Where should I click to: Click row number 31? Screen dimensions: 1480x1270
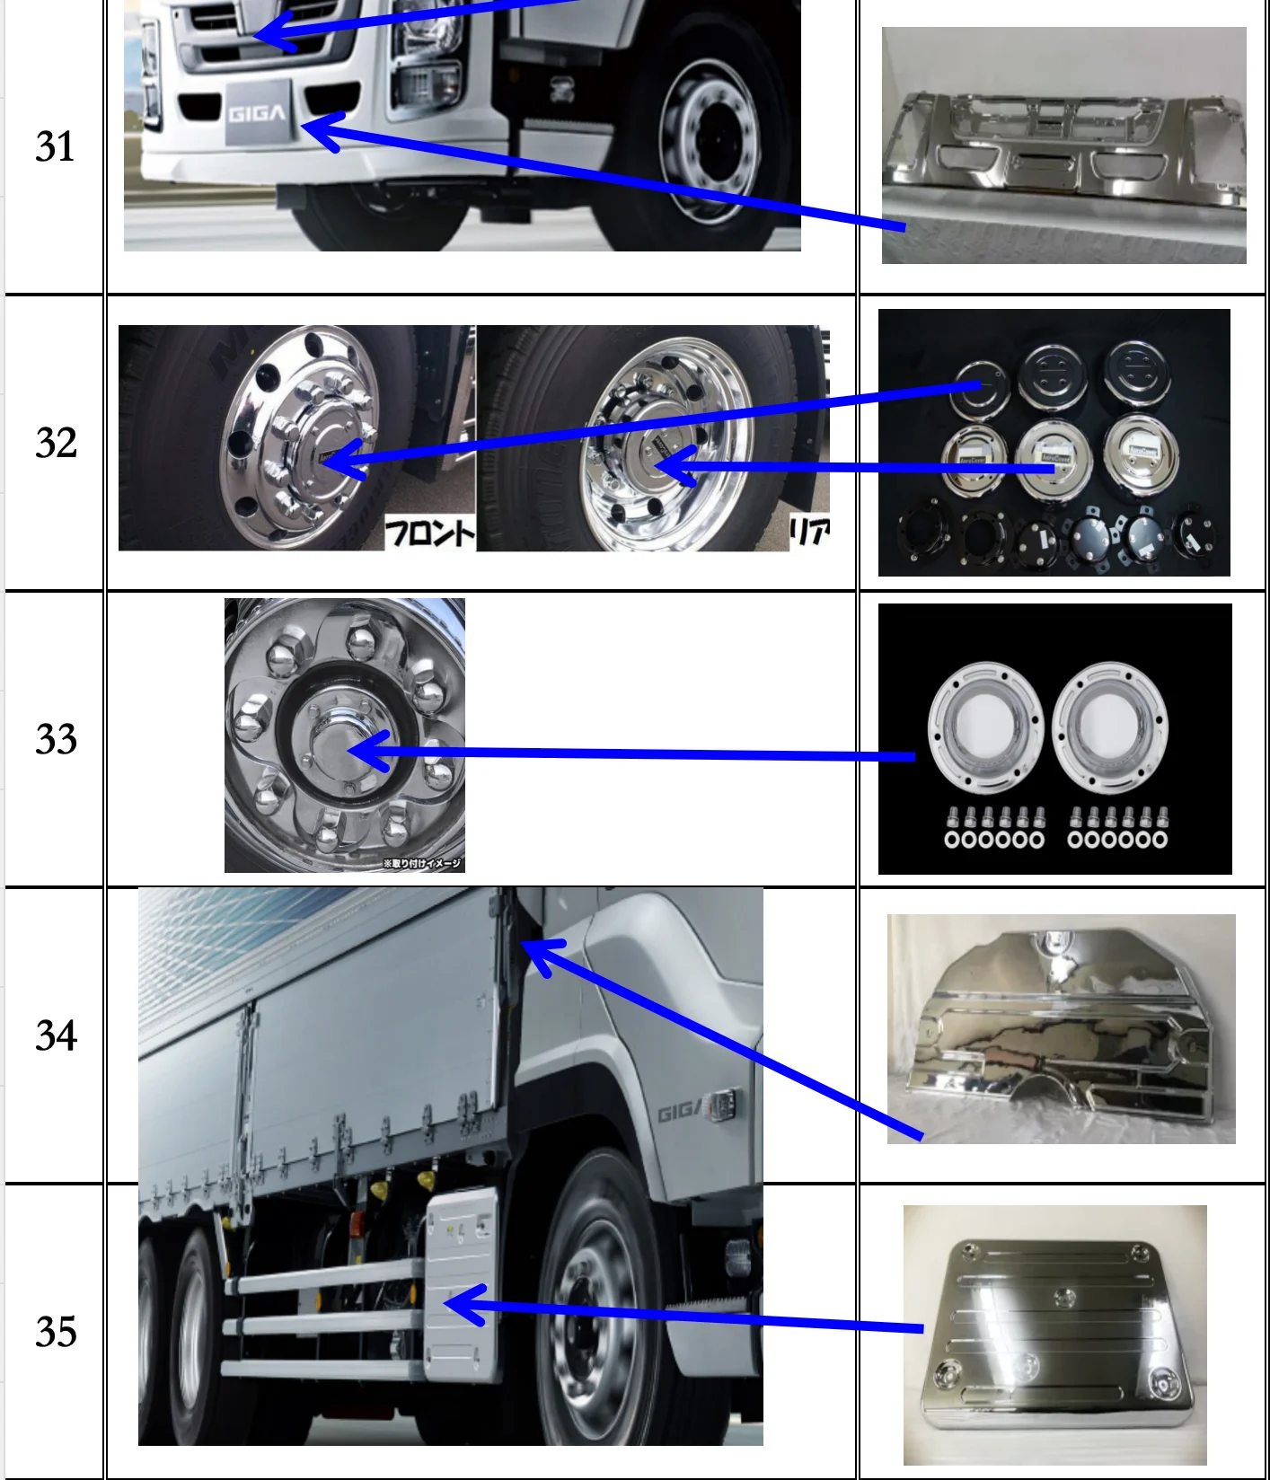(x=55, y=146)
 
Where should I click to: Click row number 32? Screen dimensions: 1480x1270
(x=56, y=443)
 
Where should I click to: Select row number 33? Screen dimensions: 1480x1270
(x=56, y=739)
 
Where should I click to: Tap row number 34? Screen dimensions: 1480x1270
(x=56, y=1035)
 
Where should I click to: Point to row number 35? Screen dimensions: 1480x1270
(x=56, y=1332)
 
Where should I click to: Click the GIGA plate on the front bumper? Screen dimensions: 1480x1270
(x=257, y=113)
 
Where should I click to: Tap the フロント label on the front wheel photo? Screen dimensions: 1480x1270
(x=429, y=533)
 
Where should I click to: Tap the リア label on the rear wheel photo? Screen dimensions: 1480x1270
(x=808, y=533)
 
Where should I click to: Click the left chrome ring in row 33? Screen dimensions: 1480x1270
(x=984, y=727)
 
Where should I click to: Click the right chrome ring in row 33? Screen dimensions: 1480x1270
(x=1109, y=727)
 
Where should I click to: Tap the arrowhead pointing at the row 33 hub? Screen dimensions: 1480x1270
(x=368, y=751)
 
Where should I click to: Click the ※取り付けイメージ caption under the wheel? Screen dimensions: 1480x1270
(x=422, y=864)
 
